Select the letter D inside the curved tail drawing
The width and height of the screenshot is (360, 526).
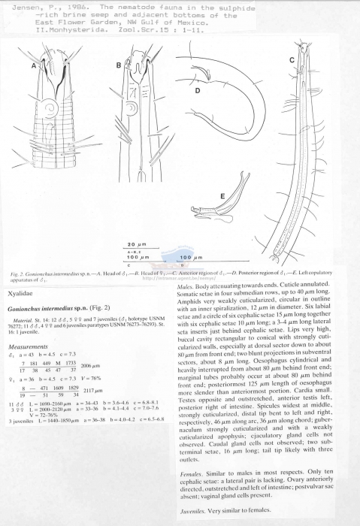click(x=198, y=91)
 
